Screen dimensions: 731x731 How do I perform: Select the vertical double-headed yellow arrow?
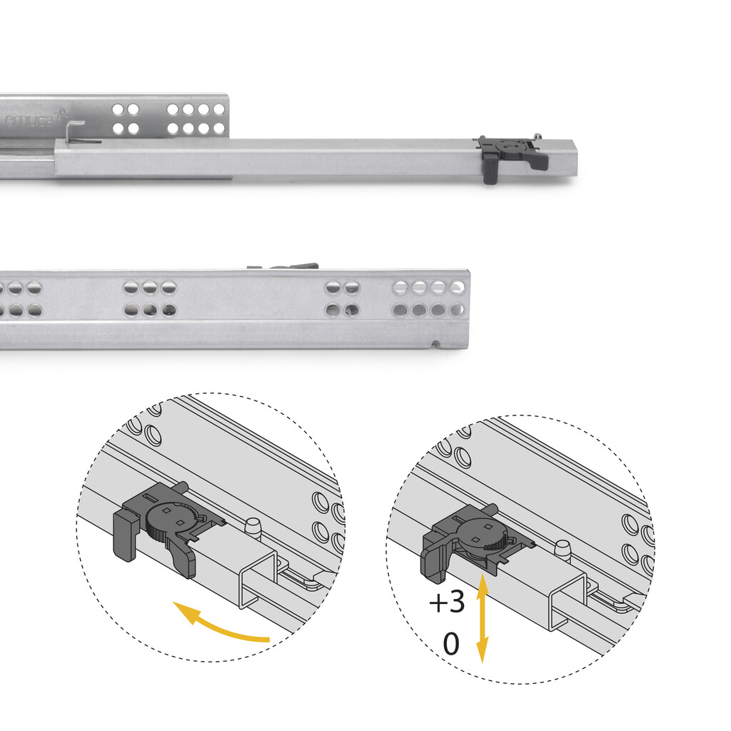[x=483, y=617]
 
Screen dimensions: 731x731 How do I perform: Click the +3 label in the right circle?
[x=447, y=603]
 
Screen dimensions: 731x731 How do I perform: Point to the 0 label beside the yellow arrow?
[x=451, y=644]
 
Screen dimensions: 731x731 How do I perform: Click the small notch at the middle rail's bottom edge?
[x=435, y=346]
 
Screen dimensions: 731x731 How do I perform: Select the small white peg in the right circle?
[x=563, y=548]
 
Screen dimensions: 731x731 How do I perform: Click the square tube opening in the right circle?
[x=568, y=599]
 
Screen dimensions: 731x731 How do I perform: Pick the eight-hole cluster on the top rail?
[x=196, y=119]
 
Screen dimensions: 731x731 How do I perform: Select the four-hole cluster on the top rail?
[x=126, y=119]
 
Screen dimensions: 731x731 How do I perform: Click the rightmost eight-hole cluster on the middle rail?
[x=429, y=298]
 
